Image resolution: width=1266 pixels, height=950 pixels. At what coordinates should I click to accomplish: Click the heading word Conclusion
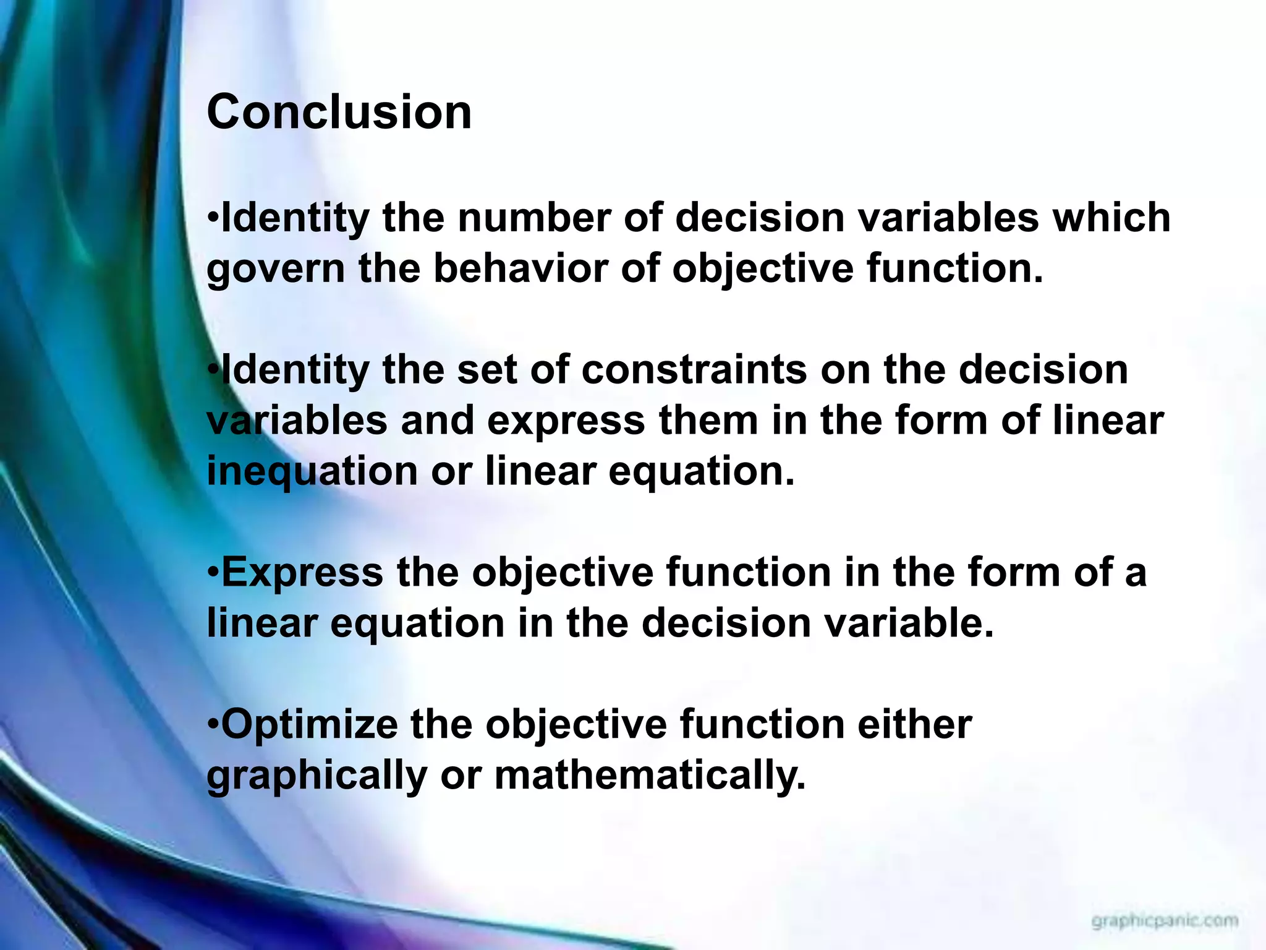(x=339, y=112)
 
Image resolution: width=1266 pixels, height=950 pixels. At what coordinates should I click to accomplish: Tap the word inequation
(x=312, y=471)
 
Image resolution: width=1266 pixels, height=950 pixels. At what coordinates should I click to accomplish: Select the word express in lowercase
(x=566, y=421)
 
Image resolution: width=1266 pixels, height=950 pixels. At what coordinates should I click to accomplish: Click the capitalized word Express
(x=302, y=572)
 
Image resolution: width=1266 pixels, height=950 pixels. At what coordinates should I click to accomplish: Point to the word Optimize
(x=309, y=725)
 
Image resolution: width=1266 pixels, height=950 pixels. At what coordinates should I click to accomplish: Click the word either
(x=914, y=724)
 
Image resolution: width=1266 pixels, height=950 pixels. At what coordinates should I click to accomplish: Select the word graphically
(x=316, y=776)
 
